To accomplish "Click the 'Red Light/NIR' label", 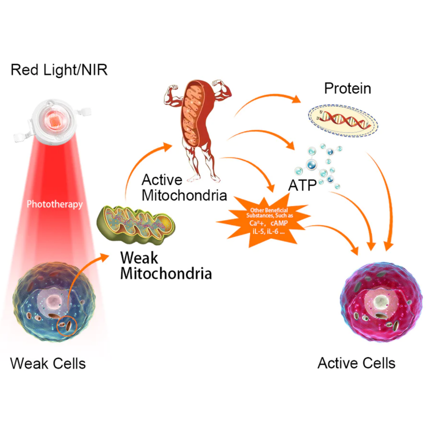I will click(59, 70).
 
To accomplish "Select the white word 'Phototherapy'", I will click(54, 204).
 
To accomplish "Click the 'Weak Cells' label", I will click(48, 363).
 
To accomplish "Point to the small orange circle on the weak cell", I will click(67, 326).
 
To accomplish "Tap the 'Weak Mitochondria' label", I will click(166, 265).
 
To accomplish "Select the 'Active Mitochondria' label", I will click(184, 187).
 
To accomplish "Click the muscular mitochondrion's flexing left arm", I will click(171, 94).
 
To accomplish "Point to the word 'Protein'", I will click(347, 88).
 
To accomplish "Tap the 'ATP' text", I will click(302, 186).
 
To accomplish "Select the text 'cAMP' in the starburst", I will click(279, 223).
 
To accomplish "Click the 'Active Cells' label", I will click(356, 363).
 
